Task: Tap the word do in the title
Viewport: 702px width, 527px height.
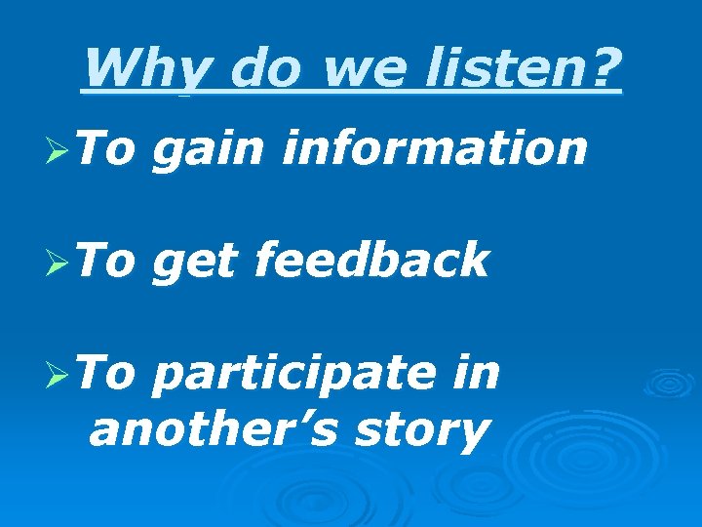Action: (258, 68)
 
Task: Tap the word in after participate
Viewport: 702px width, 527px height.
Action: (477, 371)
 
